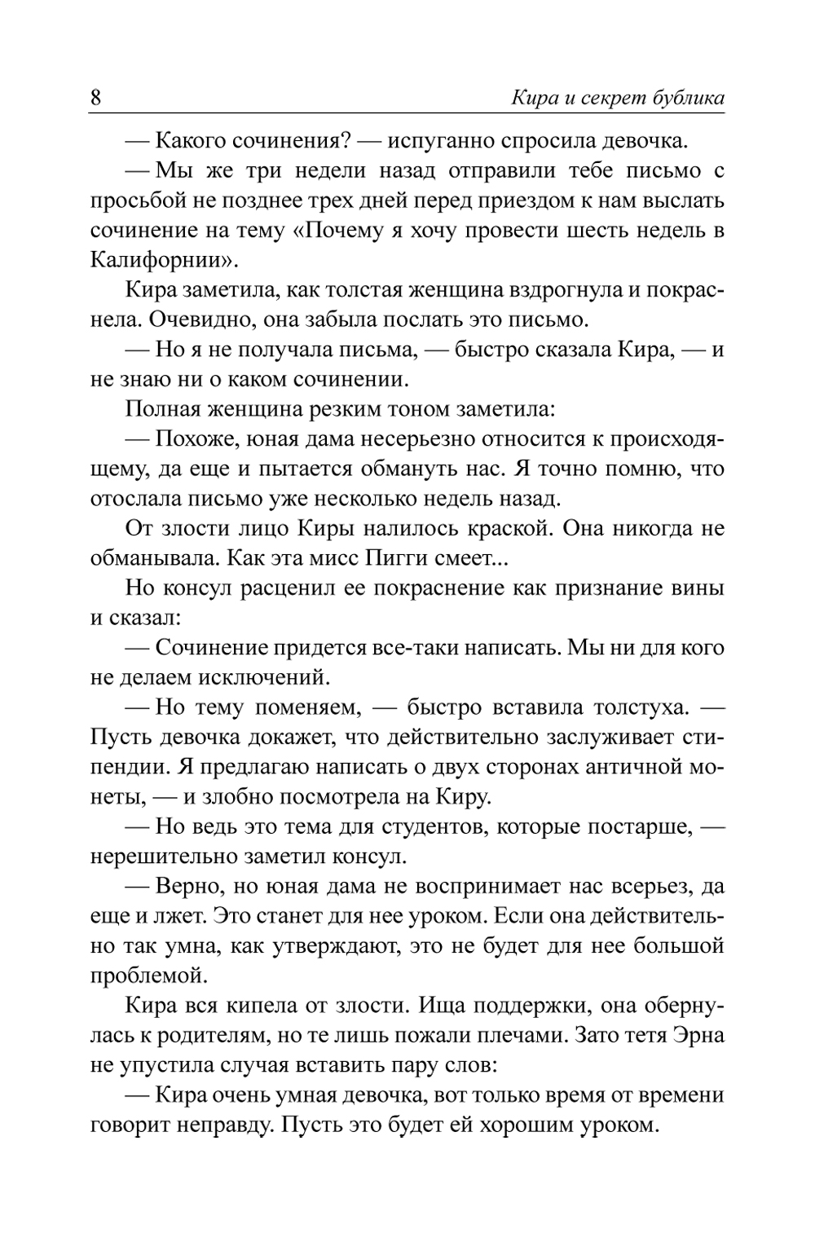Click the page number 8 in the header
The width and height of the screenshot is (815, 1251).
[x=95, y=99]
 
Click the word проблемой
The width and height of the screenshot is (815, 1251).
[x=144, y=976]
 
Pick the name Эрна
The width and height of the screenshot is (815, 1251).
[x=698, y=1037]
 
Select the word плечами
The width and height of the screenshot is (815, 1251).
[x=518, y=1037]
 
